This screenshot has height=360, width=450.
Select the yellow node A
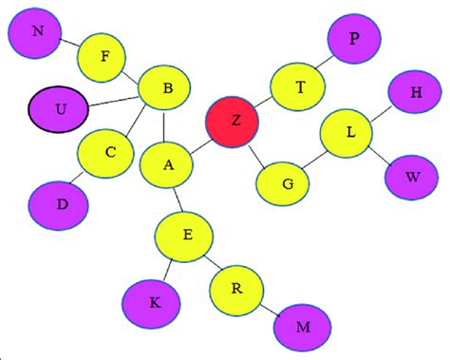(x=167, y=165)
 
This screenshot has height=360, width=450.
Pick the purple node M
(x=302, y=328)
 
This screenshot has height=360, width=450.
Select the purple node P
(x=354, y=40)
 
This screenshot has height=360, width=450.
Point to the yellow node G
(x=286, y=181)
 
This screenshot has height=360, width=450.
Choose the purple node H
(x=415, y=93)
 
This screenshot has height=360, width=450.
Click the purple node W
(x=411, y=177)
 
